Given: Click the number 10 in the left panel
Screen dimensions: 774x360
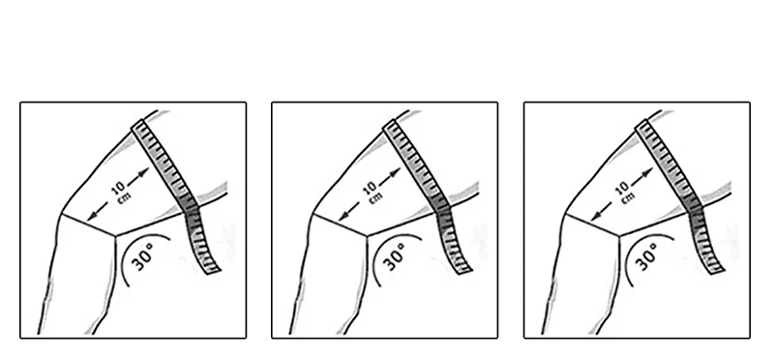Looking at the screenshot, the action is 118,189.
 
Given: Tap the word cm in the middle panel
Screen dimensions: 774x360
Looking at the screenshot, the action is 375,196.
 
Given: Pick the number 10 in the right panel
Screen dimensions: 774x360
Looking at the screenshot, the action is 622,189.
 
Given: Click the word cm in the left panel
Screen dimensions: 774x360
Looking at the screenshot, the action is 124,196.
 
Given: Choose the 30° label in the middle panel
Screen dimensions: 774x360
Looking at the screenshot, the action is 396,256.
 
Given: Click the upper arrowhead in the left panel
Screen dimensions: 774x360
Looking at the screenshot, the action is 143,172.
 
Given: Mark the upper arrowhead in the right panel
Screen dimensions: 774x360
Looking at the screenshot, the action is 647,172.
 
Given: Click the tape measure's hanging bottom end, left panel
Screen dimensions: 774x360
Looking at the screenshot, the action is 213,270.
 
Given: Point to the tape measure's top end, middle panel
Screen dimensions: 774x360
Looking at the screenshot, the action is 390,124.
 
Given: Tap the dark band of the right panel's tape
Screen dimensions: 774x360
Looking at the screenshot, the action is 695,211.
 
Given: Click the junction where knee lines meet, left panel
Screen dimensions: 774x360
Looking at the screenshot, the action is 115,236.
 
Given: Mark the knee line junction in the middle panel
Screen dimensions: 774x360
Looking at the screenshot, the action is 367,236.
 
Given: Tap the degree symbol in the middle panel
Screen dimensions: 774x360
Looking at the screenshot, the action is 402,245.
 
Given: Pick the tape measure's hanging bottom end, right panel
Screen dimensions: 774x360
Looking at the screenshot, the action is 716,270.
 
